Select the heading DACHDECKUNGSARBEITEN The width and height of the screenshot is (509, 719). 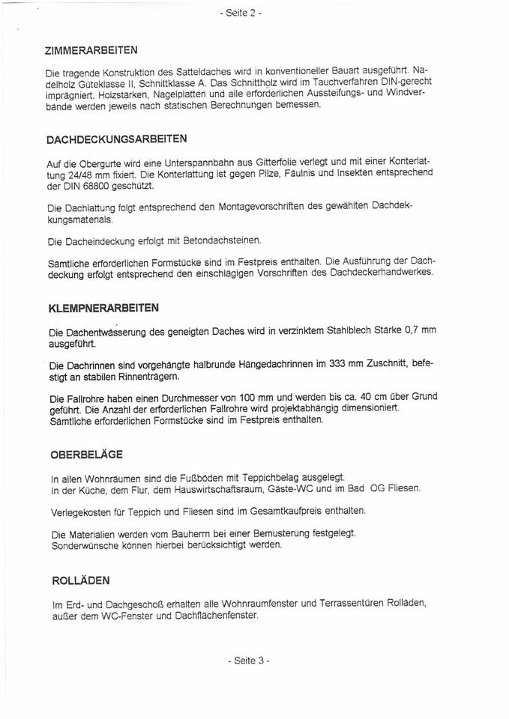point(116,139)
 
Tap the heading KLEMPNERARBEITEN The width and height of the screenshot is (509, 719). point(103,308)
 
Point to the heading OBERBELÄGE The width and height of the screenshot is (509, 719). point(87,455)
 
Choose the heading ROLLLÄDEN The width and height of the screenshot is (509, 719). point(81,580)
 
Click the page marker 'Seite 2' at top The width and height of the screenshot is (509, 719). point(241,13)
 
